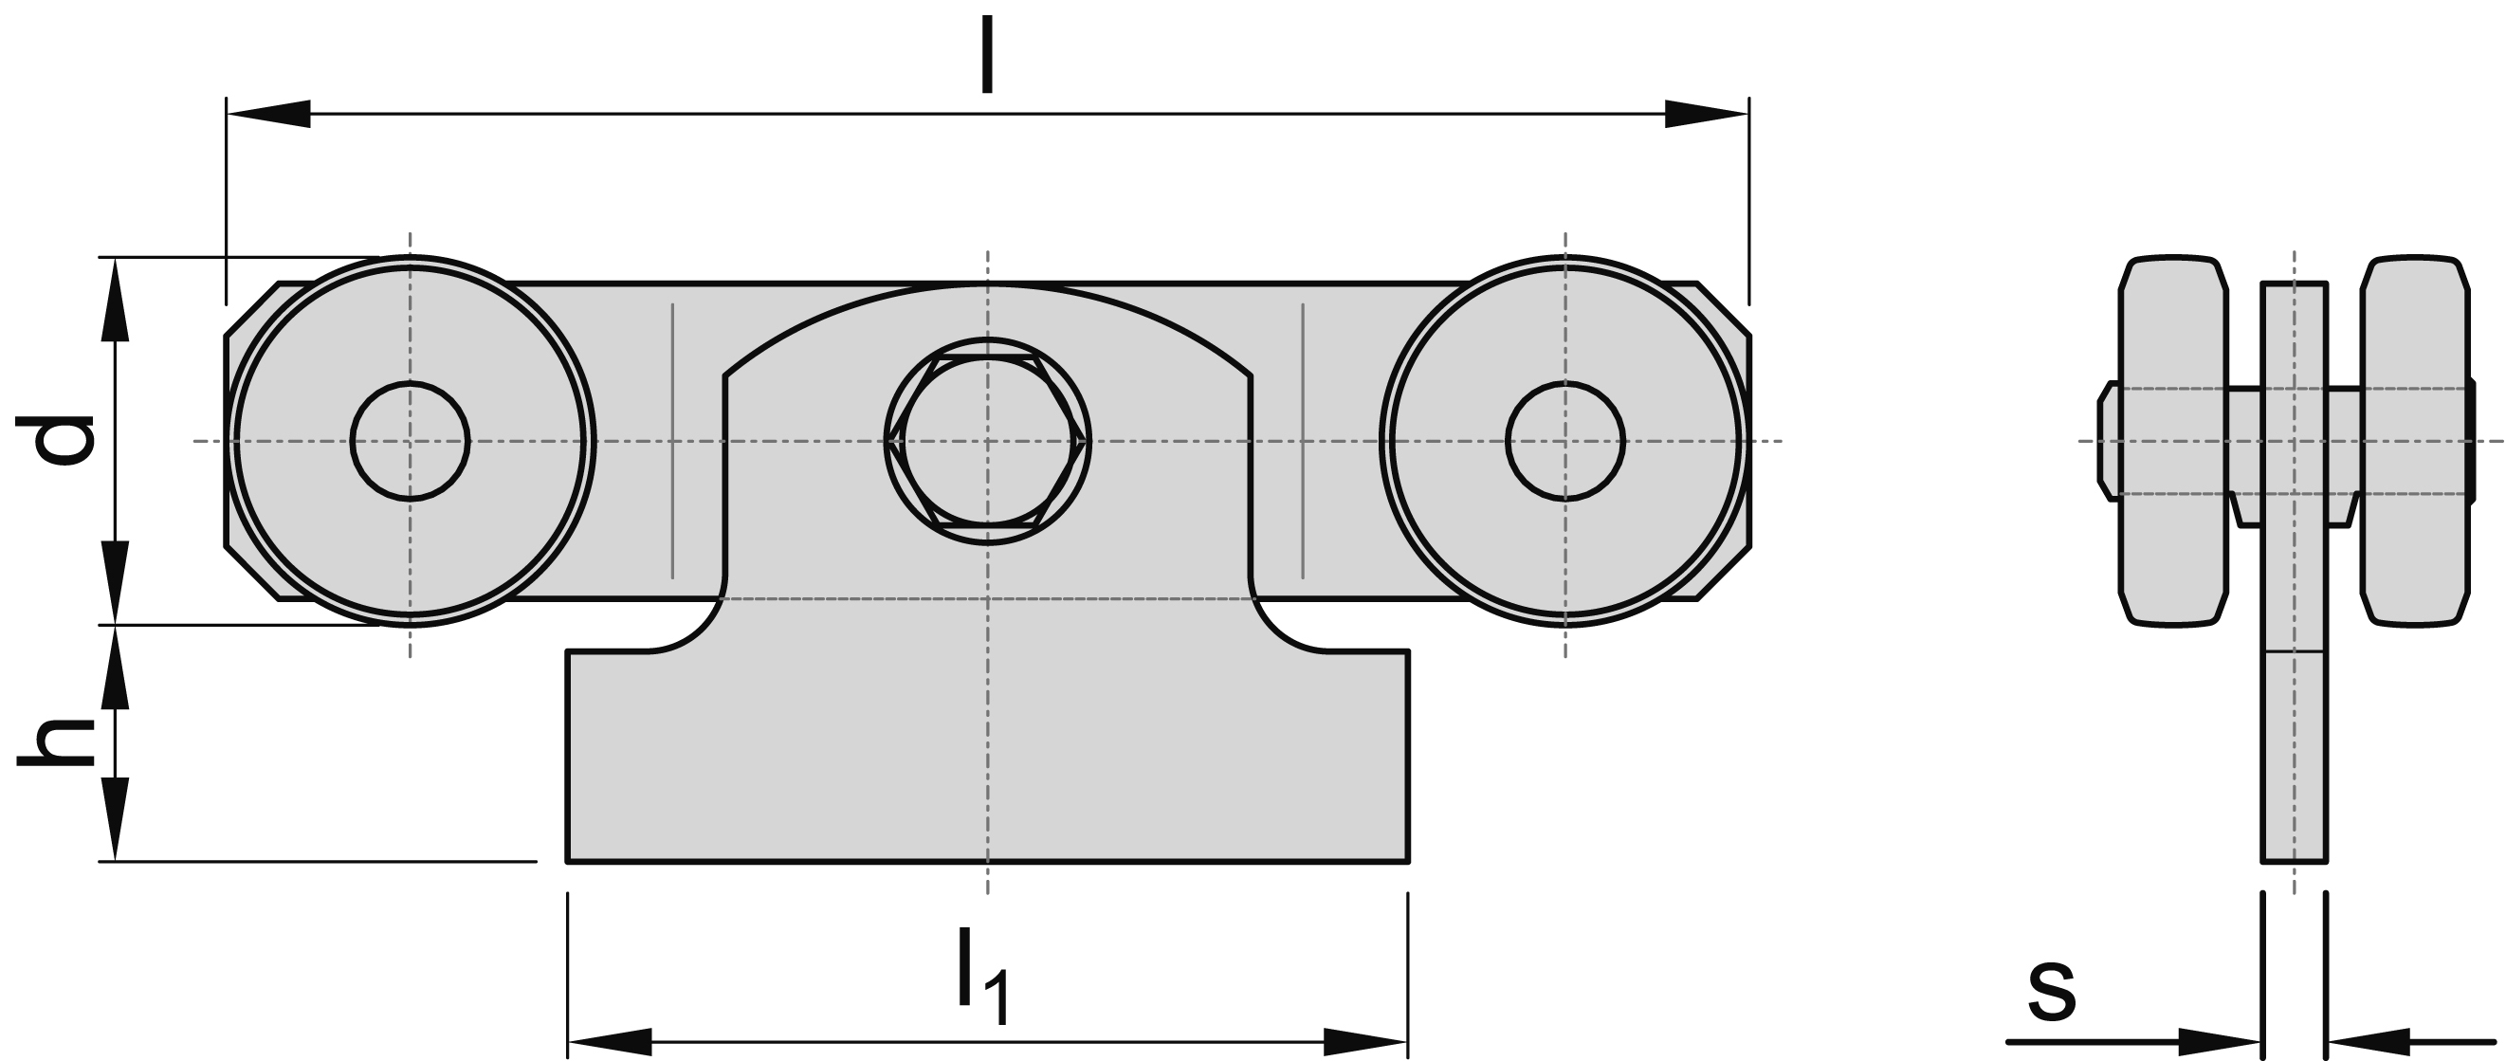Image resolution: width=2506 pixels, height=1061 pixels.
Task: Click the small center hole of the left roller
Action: point(410,442)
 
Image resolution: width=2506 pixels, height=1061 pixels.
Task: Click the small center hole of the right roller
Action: point(1564,442)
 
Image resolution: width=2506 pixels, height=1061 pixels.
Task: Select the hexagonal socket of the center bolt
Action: point(987,442)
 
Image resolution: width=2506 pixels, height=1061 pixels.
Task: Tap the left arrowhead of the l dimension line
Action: point(267,114)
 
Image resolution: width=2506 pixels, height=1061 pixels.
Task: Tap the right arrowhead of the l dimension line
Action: point(1707,114)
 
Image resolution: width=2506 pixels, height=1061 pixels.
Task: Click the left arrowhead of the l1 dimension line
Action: point(609,1040)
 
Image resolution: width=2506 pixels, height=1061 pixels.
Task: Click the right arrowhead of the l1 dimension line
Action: point(1367,1040)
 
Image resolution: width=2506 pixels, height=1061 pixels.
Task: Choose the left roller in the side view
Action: point(2172,442)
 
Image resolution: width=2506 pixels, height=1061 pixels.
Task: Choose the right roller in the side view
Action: point(2416,442)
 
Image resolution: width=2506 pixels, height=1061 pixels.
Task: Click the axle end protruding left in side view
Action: point(2107,442)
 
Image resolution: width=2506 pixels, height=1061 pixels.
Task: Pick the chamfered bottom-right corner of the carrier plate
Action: point(1724,575)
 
